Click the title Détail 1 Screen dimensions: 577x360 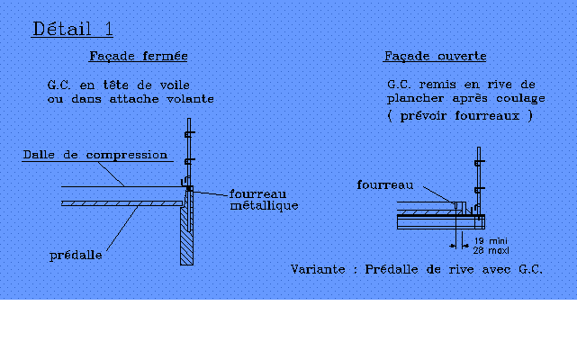point(73,29)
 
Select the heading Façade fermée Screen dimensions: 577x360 point(139,57)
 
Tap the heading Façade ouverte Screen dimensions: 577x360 point(435,57)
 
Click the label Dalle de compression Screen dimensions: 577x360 point(95,155)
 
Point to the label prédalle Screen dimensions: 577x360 point(76,255)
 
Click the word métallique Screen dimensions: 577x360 point(264,205)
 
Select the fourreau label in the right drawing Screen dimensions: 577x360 point(385,184)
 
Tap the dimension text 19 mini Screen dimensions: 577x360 point(491,241)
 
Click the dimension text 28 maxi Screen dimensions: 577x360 point(491,251)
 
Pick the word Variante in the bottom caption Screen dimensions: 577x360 point(318,269)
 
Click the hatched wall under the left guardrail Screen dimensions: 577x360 point(186,236)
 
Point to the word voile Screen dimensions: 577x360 point(175,85)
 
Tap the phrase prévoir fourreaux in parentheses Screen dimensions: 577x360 point(460,116)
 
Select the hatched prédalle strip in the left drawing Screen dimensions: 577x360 point(122,203)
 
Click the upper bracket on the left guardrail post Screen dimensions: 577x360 point(189,134)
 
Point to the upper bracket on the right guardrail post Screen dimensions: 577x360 point(479,163)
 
